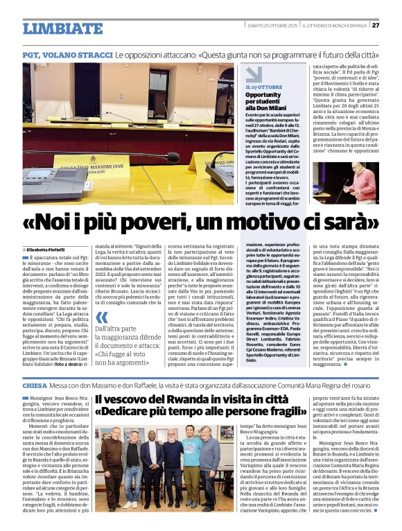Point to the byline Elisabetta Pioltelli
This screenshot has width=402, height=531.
pyautogui.click(x=48, y=249)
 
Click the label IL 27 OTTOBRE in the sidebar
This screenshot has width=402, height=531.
pyautogui.click(x=264, y=87)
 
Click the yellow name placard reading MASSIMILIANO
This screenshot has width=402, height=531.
pyautogui.click(x=100, y=167)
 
